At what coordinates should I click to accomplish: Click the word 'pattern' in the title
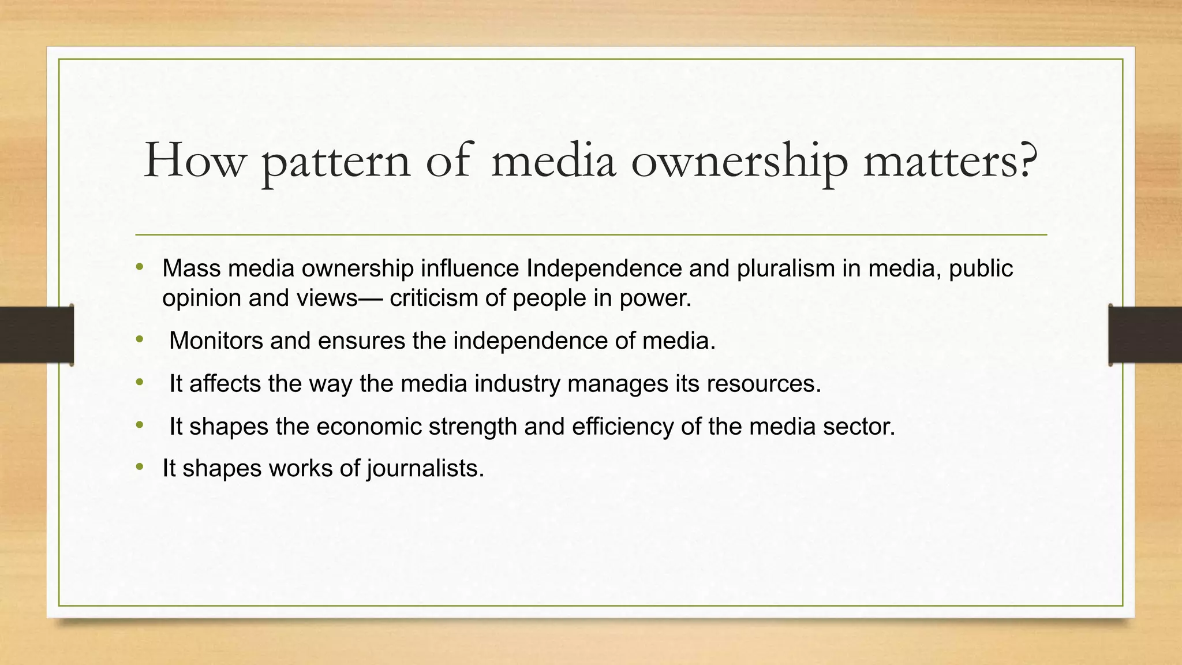pyautogui.click(x=336, y=162)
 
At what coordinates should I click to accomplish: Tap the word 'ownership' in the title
pyautogui.click(x=739, y=162)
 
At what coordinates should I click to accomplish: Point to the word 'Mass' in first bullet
pyautogui.click(x=191, y=268)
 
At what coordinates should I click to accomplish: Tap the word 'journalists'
pyautogui.click(x=424, y=468)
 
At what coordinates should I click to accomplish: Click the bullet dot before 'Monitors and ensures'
pyautogui.click(x=139, y=341)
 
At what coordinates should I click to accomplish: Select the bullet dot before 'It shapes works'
pyautogui.click(x=139, y=467)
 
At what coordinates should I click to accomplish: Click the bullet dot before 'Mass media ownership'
pyautogui.click(x=139, y=267)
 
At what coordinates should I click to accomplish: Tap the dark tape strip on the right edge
pyautogui.click(x=1145, y=335)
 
